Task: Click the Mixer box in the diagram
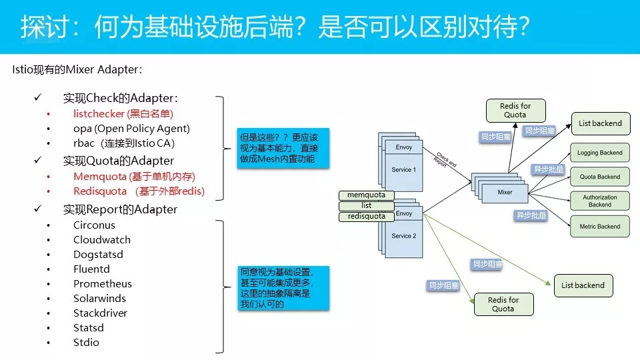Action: point(505,192)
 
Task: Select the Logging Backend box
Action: point(600,153)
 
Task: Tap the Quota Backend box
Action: point(600,177)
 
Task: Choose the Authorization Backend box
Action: point(600,201)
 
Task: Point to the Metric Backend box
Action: point(600,227)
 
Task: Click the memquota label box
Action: point(367,195)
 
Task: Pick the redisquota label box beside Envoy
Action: point(367,217)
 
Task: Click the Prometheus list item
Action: point(103,284)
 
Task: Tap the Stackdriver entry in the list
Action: point(100,313)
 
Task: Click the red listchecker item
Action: point(123,114)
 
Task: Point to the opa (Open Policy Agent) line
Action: point(131,129)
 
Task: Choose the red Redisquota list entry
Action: point(139,191)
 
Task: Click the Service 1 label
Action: point(404,170)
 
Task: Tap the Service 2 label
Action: point(404,236)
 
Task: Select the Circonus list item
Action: point(94,225)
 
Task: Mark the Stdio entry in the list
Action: point(86,343)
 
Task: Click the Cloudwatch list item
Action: point(102,240)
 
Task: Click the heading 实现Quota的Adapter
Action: point(118,161)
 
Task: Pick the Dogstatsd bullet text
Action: point(98,255)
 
